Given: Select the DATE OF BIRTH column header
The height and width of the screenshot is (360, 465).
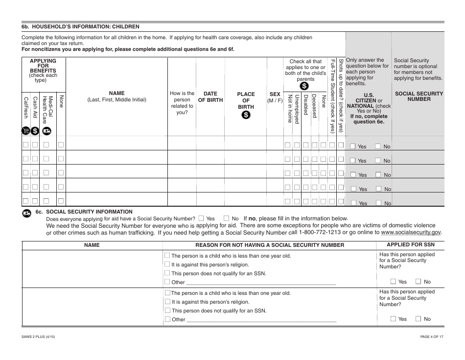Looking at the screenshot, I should point(210,96).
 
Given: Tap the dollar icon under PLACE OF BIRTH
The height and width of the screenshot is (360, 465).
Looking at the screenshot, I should point(246,115).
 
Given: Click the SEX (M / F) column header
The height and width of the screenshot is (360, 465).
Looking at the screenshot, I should point(275,96).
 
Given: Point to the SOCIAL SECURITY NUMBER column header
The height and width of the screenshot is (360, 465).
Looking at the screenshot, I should point(418,96).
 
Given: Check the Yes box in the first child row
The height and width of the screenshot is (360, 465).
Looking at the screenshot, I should point(352,146).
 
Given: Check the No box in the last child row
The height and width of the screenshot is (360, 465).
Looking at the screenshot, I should point(378,203).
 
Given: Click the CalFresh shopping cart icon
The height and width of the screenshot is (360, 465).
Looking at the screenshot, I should point(26,131).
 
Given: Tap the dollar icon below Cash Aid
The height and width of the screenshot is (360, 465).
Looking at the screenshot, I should point(35,131).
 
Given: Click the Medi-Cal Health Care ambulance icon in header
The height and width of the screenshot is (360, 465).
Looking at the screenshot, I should point(46,131).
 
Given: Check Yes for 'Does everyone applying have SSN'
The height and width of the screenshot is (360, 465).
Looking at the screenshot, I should point(201,218).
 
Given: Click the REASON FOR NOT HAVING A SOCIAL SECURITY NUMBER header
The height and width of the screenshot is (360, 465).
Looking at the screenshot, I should point(270,245).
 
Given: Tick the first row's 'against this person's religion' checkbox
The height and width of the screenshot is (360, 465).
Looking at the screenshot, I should point(167,264).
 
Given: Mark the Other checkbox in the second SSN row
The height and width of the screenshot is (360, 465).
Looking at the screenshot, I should point(167,319).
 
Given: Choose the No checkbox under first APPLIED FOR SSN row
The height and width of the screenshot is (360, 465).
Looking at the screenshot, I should point(418,282).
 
